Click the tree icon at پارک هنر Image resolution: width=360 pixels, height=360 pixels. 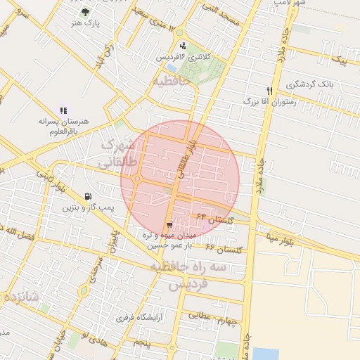(x=86, y=12)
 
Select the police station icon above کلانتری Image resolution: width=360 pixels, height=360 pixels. (x=183, y=46)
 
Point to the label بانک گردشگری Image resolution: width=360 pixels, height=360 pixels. (x=311, y=84)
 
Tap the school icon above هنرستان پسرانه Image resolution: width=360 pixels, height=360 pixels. (x=64, y=110)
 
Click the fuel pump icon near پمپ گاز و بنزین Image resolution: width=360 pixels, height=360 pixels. (x=86, y=198)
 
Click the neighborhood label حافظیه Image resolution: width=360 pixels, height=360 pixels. (x=170, y=82)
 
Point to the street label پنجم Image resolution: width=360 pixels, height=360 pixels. (x=143, y=342)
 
